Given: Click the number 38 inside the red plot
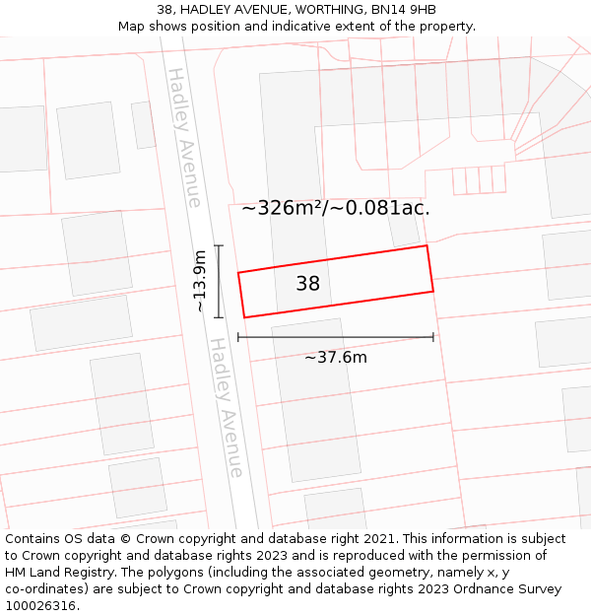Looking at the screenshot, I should click(307, 284).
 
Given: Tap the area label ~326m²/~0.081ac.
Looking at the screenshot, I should click(336, 208).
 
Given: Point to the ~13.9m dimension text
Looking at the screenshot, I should click(200, 281).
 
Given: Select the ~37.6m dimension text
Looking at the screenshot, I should click(335, 357).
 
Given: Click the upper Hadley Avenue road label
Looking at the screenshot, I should click(184, 137).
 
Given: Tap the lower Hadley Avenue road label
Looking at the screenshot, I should click(226, 408).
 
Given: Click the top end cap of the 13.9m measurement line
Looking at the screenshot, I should click(219, 246).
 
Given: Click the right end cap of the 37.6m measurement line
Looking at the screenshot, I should click(433, 337).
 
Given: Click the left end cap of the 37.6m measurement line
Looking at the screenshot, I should click(238, 337).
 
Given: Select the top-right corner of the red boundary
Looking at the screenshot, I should click(427, 245).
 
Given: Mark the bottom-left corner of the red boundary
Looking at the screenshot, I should click(244, 317).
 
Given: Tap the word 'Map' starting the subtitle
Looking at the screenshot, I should click(132, 26).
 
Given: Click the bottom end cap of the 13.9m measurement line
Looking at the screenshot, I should click(219, 317).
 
